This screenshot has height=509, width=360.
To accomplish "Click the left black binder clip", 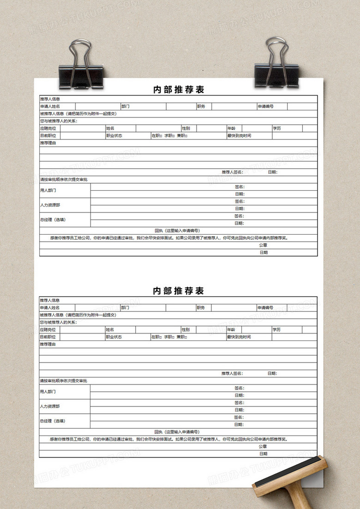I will click(x=81, y=69).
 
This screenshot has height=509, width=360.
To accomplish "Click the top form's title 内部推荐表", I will click(x=179, y=90).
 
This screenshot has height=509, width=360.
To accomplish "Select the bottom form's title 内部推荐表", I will click(x=178, y=291).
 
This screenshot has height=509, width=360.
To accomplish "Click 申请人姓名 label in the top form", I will click(x=50, y=106).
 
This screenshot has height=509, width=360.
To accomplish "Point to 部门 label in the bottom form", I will click(x=126, y=308).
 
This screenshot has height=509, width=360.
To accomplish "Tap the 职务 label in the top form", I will click(x=201, y=106).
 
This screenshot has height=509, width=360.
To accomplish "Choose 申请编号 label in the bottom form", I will click(x=265, y=308).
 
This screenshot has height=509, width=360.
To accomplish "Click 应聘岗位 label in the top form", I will click(x=48, y=128).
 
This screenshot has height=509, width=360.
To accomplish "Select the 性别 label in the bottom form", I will click(x=186, y=330).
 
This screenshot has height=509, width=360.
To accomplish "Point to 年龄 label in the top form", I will click(x=231, y=128).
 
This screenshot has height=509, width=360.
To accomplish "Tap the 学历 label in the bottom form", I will click(x=276, y=330).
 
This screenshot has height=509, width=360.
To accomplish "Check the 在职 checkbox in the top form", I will click(x=161, y=136).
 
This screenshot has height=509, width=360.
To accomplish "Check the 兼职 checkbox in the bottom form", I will click(x=186, y=337).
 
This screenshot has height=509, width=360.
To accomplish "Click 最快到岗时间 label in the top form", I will click(x=239, y=136).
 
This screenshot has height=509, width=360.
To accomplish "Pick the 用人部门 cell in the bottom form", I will click(x=48, y=392).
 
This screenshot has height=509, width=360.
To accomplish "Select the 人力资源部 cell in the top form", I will click(x=50, y=205).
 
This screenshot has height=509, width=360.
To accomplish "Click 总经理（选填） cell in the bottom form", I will click(x=53, y=421).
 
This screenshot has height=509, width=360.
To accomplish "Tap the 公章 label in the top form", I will click(x=263, y=245).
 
